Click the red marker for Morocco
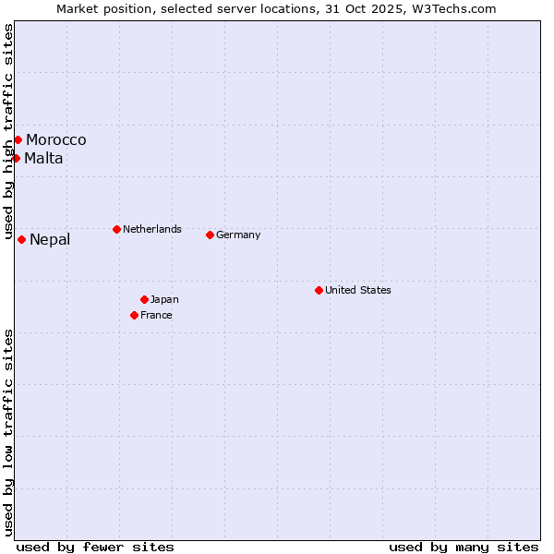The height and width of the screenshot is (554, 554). click(18, 139)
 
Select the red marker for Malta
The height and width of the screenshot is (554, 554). click(16, 158)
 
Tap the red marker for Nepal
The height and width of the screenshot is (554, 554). click(21, 239)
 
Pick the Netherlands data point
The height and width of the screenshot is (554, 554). click(116, 229)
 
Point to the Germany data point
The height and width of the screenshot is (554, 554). click(210, 235)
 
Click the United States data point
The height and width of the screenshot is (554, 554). click(319, 290)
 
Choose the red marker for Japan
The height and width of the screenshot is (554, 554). click(144, 299)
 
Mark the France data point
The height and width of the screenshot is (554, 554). click(134, 315)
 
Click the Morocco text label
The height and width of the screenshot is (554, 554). click(56, 139)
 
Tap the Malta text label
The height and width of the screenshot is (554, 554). click(44, 158)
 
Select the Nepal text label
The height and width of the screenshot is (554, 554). click(50, 240)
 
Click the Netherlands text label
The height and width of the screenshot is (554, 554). click(152, 229)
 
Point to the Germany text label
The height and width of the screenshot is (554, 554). click(238, 235)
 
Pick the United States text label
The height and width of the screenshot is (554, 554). click(358, 290)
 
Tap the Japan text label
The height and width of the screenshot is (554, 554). click(164, 299)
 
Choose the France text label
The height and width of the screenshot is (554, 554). click(156, 315)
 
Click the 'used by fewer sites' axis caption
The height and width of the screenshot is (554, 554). click(95, 547)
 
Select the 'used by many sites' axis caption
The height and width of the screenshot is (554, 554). click(464, 547)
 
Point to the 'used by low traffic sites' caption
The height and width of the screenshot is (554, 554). click(9, 432)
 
